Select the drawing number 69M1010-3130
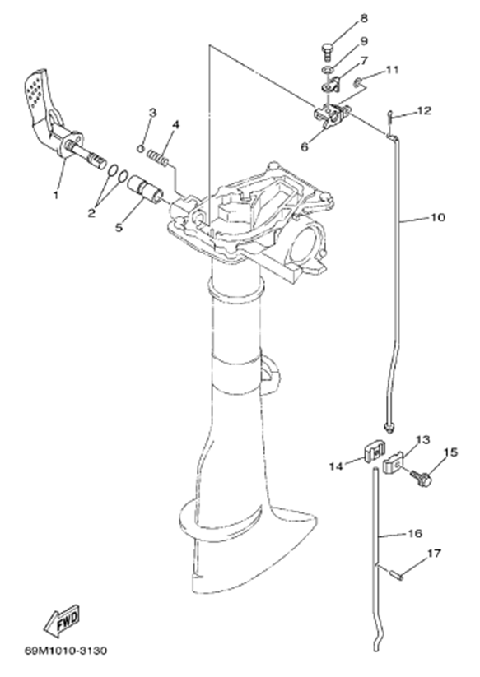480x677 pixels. pyautogui.click(x=66, y=650)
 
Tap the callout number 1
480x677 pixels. pyautogui.click(x=56, y=195)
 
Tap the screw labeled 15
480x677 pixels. pyautogui.click(x=423, y=479)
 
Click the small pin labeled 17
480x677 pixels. pyautogui.click(x=396, y=575)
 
